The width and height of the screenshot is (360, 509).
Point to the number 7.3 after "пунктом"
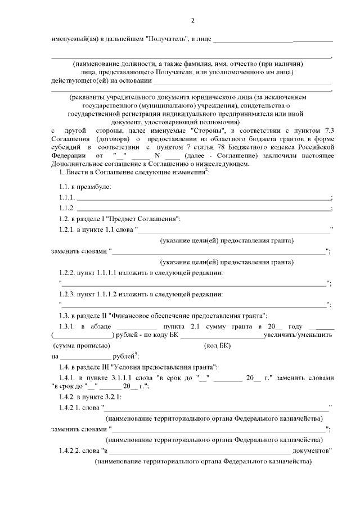[326, 129]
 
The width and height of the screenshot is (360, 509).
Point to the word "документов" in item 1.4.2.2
[314, 451]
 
